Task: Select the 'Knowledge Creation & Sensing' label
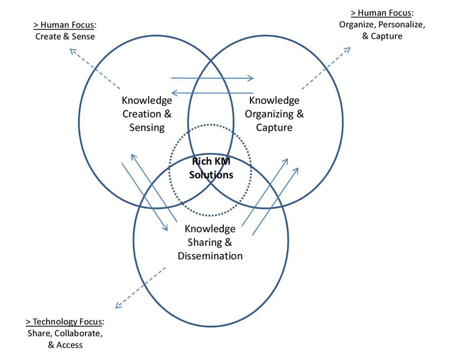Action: (147, 114)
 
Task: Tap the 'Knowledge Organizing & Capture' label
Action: (275, 114)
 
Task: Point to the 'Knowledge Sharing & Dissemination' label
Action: (210, 242)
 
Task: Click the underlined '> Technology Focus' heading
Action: (64, 322)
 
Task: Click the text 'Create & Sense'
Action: (65, 37)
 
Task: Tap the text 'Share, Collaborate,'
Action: (65, 333)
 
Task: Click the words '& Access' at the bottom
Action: (65, 345)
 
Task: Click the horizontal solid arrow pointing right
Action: (212, 78)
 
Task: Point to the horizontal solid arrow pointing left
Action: (212, 92)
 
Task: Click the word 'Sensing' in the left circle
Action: (147, 127)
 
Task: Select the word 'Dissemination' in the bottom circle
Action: (210, 256)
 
